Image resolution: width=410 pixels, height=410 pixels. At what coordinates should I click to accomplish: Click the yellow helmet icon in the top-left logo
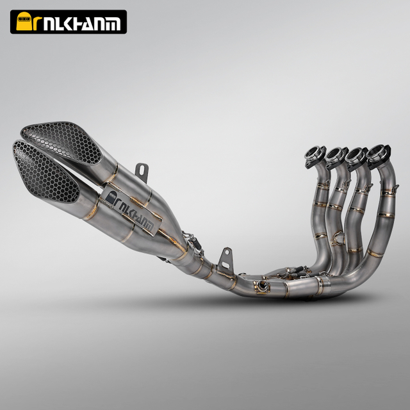click(25, 22)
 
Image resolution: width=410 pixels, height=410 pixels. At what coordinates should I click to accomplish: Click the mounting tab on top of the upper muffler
click(142, 171)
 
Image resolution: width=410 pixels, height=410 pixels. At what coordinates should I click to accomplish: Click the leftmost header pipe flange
click(314, 156)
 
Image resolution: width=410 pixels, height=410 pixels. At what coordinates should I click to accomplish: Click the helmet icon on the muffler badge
click(110, 199)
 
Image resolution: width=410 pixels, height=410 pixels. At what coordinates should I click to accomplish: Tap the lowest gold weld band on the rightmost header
click(374, 254)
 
